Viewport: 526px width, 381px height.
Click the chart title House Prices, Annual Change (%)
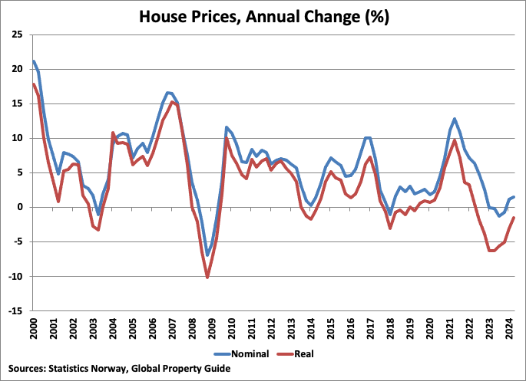263,15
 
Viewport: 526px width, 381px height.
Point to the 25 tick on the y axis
16,34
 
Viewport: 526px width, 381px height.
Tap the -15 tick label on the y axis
15,311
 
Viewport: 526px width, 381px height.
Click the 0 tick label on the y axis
20,208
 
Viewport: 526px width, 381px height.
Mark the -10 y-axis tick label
15,277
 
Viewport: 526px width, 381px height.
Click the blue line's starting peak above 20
34,61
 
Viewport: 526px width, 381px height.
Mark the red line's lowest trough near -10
207,277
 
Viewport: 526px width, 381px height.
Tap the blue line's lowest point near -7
207,255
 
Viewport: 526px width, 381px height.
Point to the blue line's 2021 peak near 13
455,119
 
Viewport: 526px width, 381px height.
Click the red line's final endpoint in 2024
514,218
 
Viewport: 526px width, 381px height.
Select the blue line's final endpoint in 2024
514,198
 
